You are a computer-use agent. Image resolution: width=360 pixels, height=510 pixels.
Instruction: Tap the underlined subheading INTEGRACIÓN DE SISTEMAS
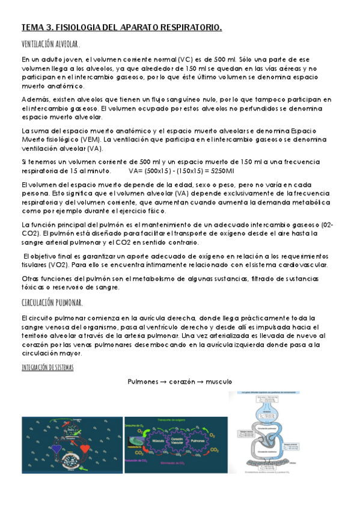(x=47, y=367)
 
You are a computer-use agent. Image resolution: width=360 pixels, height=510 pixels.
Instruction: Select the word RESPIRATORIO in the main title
(x=189, y=28)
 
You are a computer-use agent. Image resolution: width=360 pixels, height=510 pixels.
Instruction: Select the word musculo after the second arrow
(x=218, y=382)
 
